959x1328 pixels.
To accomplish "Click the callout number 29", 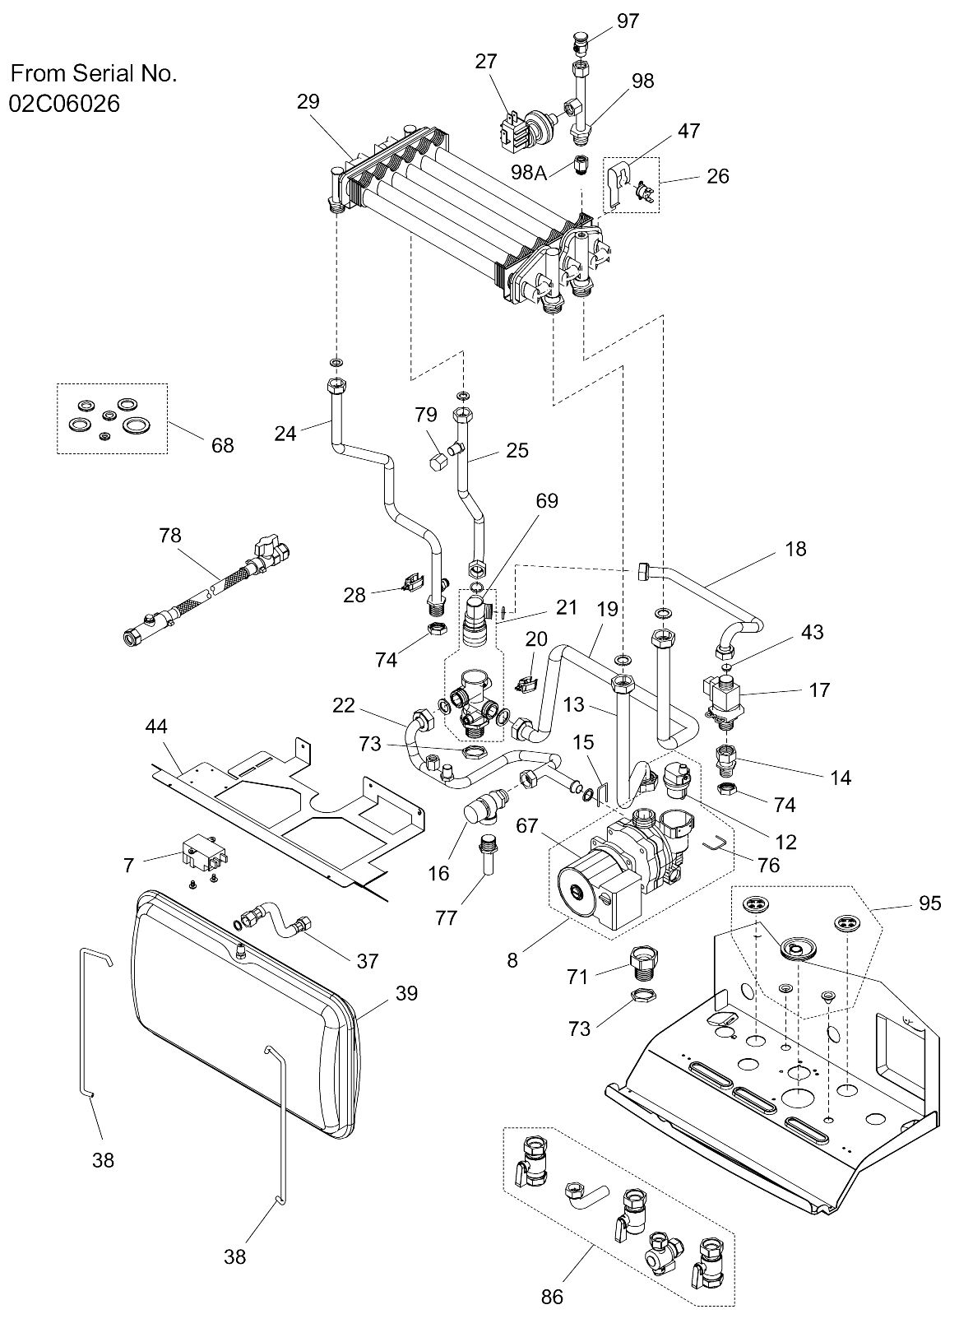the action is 308,101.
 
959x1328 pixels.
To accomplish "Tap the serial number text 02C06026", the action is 65,103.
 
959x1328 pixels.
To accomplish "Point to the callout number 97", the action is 628,21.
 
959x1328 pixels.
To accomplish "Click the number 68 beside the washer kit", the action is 223,445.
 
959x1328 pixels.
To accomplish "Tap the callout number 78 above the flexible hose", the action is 170,536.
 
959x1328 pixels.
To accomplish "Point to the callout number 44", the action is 156,727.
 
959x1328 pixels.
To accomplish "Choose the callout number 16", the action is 438,873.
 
